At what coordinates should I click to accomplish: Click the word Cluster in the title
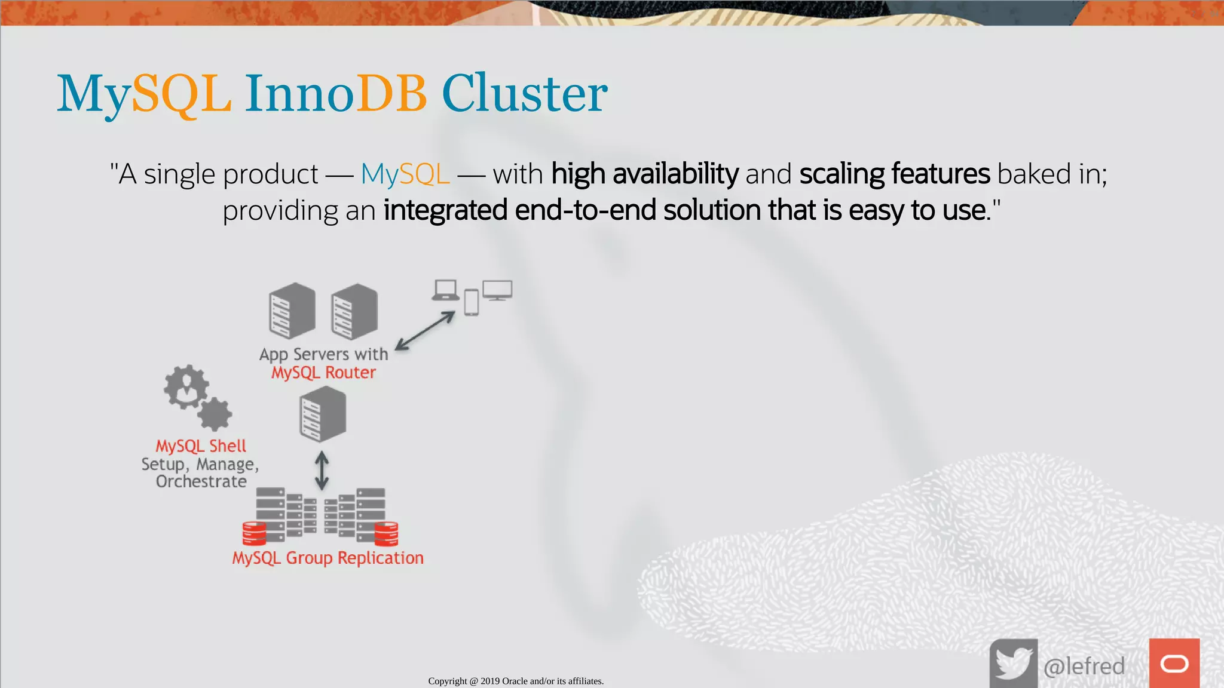[x=524, y=94]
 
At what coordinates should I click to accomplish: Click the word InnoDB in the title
[x=335, y=94]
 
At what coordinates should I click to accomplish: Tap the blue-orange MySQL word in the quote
[x=405, y=174]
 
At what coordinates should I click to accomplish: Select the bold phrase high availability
[x=644, y=174]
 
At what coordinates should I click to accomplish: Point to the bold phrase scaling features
[x=895, y=174]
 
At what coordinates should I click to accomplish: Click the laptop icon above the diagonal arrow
[x=445, y=290]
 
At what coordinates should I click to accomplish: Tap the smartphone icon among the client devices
[x=472, y=303]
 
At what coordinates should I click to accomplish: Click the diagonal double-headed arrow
[x=425, y=331]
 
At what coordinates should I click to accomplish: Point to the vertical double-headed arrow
[x=322, y=470]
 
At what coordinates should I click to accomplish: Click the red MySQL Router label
[x=323, y=373]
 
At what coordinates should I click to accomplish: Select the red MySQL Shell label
[x=201, y=446]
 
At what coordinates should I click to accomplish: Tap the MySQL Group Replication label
[x=328, y=558]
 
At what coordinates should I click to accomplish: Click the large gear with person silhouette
[x=186, y=386]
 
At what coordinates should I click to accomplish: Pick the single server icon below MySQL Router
[x=323, y=414]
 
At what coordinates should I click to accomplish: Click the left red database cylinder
[x=254, y=533]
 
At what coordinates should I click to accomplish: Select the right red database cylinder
[x=386, y=533]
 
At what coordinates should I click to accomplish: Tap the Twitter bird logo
[x=1014, y=664]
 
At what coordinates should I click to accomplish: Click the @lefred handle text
[x=1084, y=666]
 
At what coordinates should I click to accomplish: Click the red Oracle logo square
[x=1174, y=664]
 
